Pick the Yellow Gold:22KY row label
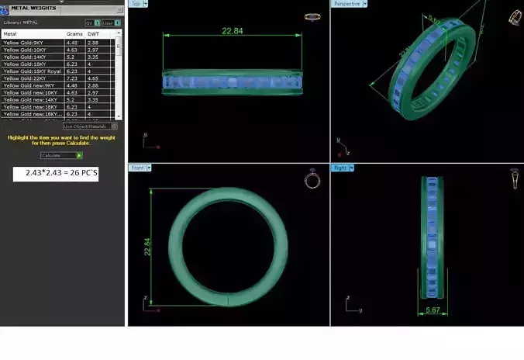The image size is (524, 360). click(x=22, y=78)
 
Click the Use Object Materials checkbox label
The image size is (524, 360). click(x=85, y=126)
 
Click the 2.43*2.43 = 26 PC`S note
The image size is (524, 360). click(x=56, y=172)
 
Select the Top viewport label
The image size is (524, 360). click(x=137, y=4)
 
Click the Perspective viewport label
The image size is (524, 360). click(x=346, y=4)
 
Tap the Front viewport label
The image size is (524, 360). click(x=137, y=168)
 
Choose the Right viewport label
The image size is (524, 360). click(x=340, y=168)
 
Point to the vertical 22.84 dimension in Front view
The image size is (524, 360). click(x=146, y=246)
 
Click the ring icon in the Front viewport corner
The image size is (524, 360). click(x=312, y=180)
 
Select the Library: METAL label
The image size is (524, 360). click(x=21, y=22)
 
